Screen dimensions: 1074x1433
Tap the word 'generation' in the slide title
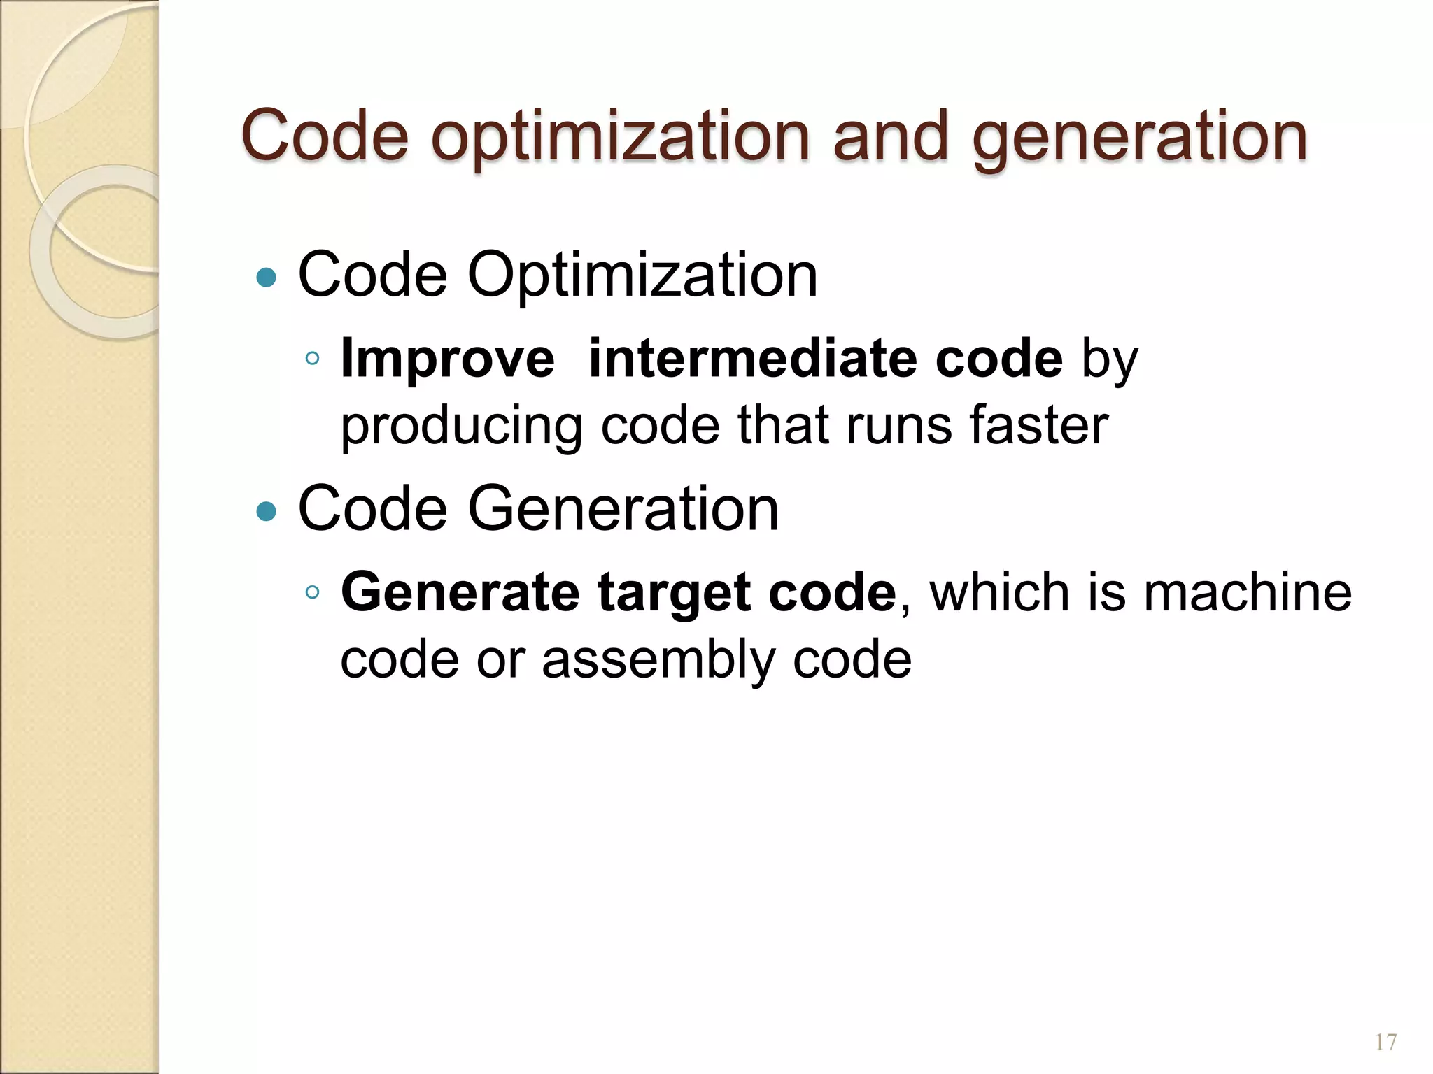[1139, 136]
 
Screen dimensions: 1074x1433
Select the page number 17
[1385, 1043]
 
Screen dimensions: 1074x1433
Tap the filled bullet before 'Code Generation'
[267, 513]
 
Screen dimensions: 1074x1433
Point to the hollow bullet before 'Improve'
[313, 359]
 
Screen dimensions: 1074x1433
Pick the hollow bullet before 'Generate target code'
[313, 593]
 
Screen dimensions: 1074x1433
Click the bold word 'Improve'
[447, 359]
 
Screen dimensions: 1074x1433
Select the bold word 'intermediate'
[753, 359]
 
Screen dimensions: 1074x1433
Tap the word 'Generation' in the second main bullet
[622, 509]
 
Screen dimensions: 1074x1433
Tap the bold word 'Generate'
[460, 592]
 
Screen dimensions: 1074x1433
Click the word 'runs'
[898, 425]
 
